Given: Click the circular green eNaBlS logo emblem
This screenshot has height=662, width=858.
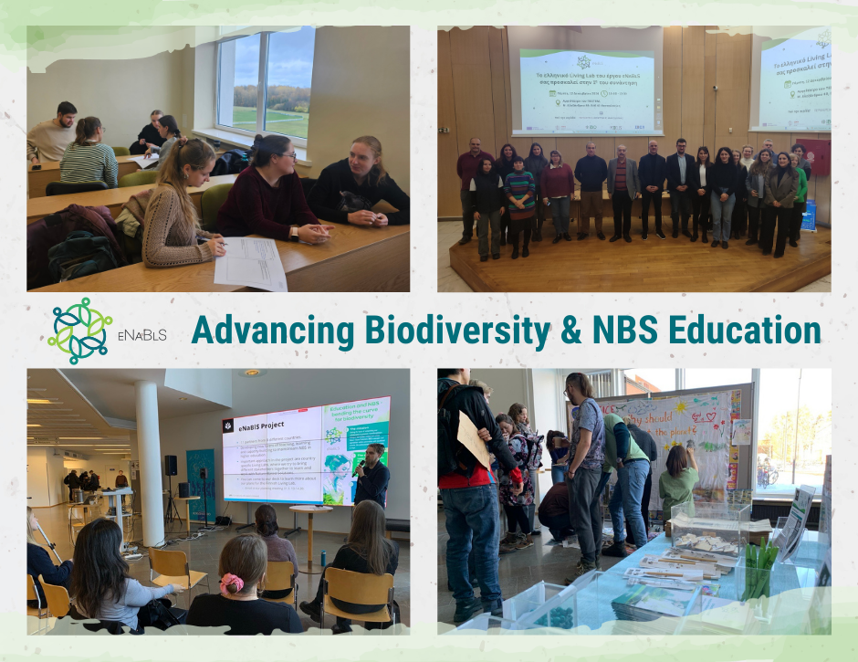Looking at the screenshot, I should tap(80, 330).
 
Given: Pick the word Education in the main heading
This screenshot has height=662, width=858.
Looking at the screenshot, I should tap(742, 331).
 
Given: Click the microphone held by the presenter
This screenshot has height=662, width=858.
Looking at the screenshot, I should tap(360, 467).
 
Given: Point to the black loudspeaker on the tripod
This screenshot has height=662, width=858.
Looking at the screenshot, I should tap(171, 465).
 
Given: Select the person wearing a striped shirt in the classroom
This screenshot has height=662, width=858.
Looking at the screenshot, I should tap(89, 156).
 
